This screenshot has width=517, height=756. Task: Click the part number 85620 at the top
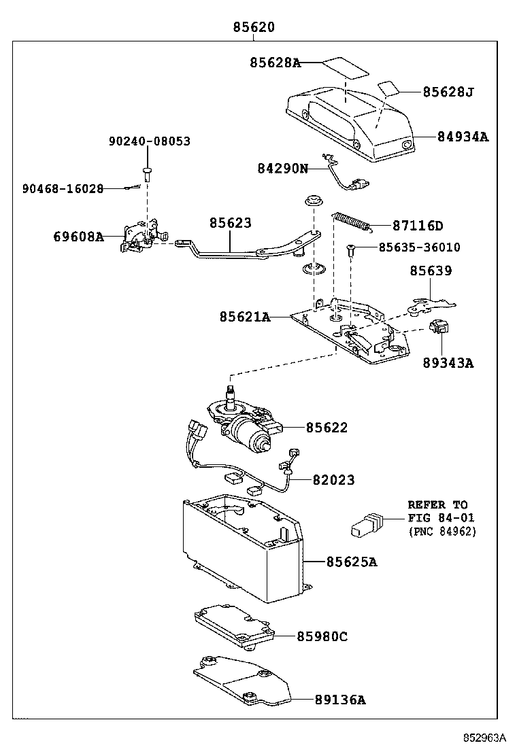254,28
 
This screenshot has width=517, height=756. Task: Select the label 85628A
274,63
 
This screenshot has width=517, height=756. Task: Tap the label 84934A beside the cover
463,137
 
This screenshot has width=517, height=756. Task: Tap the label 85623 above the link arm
230,223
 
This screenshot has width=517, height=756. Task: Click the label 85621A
244,317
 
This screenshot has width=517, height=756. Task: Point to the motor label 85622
327,428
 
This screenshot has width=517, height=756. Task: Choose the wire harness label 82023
333,480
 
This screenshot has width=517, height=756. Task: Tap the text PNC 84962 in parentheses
442,531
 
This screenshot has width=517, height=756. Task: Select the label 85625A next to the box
352,562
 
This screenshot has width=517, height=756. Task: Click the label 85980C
322,636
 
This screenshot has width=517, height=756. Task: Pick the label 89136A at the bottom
339,700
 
